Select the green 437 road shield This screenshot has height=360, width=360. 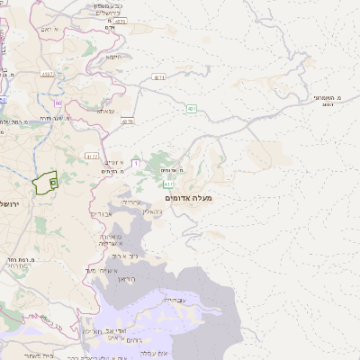click(x=192, y=109)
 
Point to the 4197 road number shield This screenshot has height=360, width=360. click(x=47, y=75)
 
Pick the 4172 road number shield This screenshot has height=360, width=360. click(x=92, y=156)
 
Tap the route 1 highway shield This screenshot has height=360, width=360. click(x=136, y=163)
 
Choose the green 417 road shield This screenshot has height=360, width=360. click(x=167, y=183)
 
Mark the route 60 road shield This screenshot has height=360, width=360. click(x=58, y=103)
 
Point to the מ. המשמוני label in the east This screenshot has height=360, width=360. click(x=325, y=99)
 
